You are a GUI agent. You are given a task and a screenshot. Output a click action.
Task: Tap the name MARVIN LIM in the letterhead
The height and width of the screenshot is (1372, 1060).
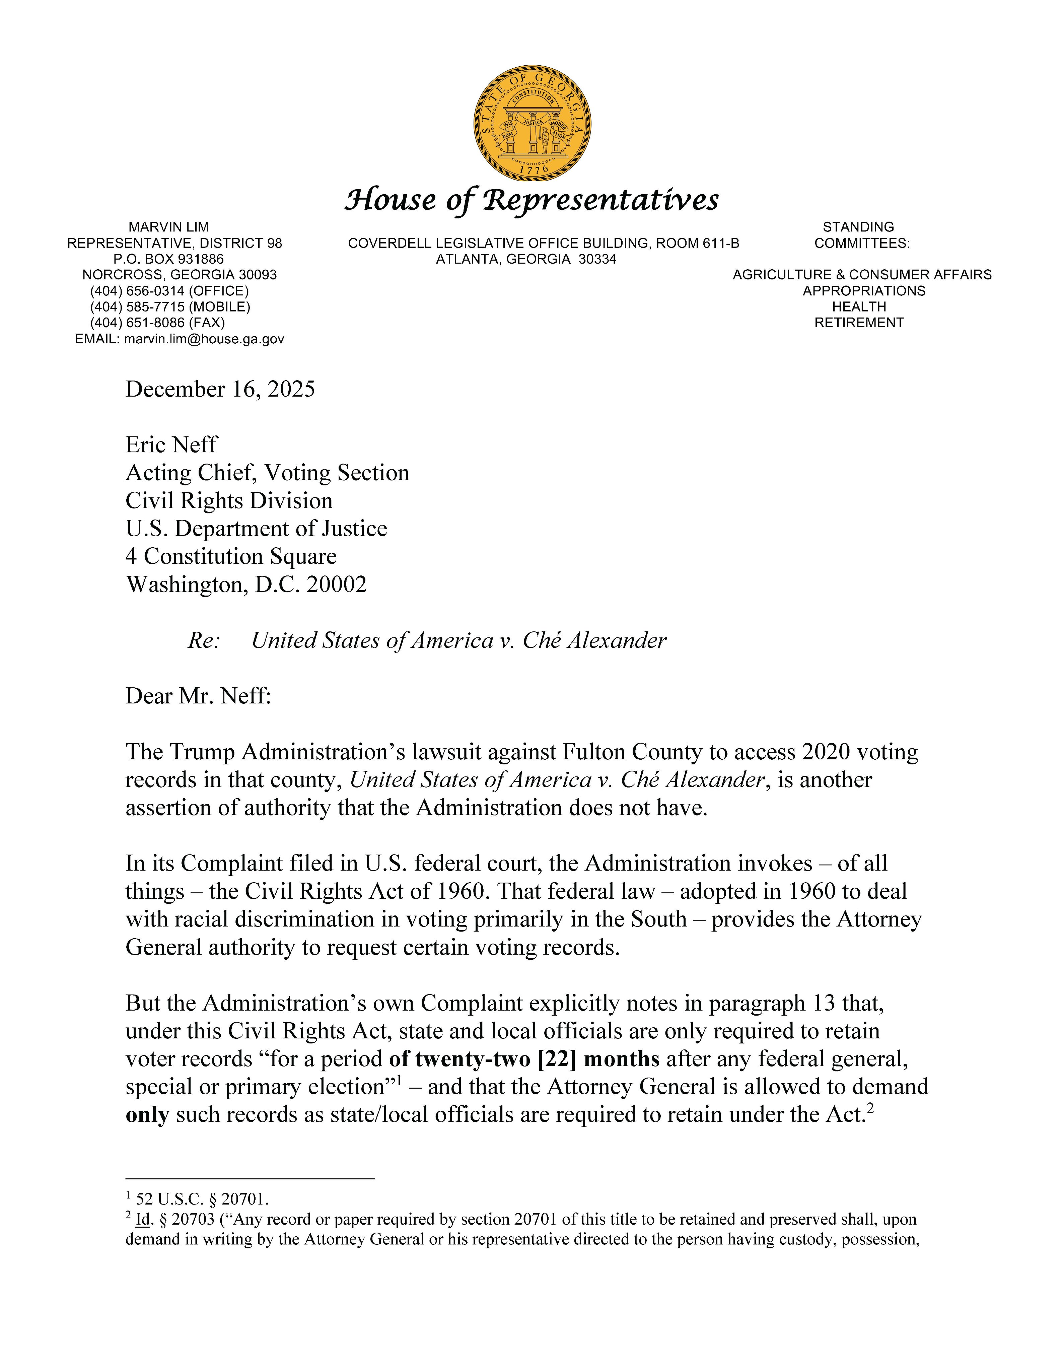click(x=168, y=227)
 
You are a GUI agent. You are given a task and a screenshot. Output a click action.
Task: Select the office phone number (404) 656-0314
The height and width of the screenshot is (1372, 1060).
click(x=137, y=291)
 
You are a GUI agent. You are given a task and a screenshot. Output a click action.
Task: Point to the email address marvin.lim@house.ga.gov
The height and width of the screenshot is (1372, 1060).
click(x=204, y=339)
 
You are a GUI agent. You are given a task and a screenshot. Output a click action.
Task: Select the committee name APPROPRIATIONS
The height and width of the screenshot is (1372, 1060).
click(x=863, y=291)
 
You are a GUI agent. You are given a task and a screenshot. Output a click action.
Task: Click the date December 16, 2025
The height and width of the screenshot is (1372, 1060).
click(x=220, y=390)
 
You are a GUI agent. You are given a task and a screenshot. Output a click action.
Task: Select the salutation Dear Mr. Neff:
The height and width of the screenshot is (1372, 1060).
click(x=198, y=696)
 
